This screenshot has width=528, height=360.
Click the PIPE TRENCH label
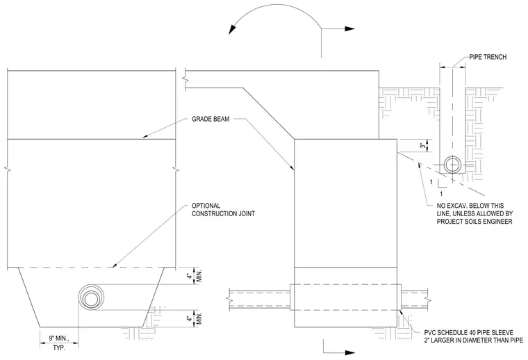(x=488, y=57)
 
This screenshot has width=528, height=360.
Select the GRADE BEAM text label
(x=211, y=119)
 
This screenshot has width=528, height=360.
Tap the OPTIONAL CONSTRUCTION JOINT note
(x=223, y=209)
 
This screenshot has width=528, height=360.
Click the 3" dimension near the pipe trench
(x=422, y=146)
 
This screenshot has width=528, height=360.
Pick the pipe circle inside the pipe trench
(x=452, y=165)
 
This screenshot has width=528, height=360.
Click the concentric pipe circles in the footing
(x=91, y=297)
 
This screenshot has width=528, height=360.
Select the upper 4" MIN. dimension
(x=195, y=276)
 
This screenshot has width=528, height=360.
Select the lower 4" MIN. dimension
(x=195, y=318)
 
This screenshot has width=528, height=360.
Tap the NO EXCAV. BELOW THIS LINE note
(x=475, y=213)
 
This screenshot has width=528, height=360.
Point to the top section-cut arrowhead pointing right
(x=349, y=29)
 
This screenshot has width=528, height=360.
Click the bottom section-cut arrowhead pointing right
(x=349, y=352)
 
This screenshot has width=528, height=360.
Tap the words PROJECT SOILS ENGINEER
(x=475, y=221)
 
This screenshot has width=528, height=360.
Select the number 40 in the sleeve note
(x=472, y=332)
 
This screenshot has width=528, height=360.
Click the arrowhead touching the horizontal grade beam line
(x=145, y=136)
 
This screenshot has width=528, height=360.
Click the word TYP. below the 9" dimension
(x=59, y=348)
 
